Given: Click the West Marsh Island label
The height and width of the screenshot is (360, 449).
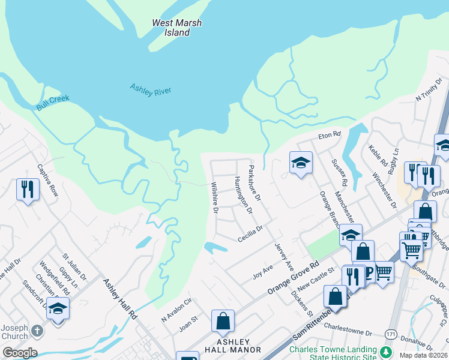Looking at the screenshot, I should click(x=177, y=28).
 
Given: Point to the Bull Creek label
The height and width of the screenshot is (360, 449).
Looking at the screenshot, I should click(x=53, y=103).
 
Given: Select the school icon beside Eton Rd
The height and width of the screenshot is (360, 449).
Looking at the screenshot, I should click(x=301, y=162).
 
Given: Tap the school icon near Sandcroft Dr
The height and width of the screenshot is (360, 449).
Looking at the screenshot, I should click(x=58, y=308).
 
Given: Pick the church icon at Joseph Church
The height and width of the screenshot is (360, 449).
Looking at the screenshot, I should click(x=37, y=331).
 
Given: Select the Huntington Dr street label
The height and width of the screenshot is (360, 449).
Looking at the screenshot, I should click(x=243, y=196).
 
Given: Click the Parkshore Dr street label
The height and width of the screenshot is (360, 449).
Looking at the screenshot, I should click(x=255, y=183).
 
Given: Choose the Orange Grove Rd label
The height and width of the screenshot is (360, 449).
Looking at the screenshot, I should click(x=294, y=275).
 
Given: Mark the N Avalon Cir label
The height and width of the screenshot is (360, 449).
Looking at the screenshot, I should click(x=175, y=311).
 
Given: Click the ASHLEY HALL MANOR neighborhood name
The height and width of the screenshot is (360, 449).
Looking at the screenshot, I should click(x=231, y=345).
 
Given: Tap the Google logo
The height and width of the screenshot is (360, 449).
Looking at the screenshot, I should click(x=20, y=352).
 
